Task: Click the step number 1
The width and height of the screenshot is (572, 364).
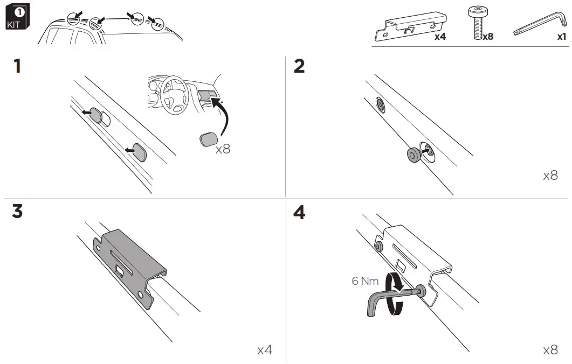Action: [18, 67]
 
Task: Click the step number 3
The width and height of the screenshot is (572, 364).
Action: [18, 211]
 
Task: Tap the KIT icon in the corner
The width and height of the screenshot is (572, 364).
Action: [17, 18]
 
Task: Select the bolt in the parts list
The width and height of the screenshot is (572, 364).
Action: [476, 23]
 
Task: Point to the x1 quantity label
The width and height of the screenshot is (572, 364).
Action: [561, 37]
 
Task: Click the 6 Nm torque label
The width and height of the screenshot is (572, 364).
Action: [366, 281]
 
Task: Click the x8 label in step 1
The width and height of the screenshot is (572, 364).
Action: [223, 149]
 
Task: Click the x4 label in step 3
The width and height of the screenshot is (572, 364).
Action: [264, 350]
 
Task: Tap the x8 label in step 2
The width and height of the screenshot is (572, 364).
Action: [550, 176]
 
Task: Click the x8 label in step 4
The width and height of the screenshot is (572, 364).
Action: [550, 350]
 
